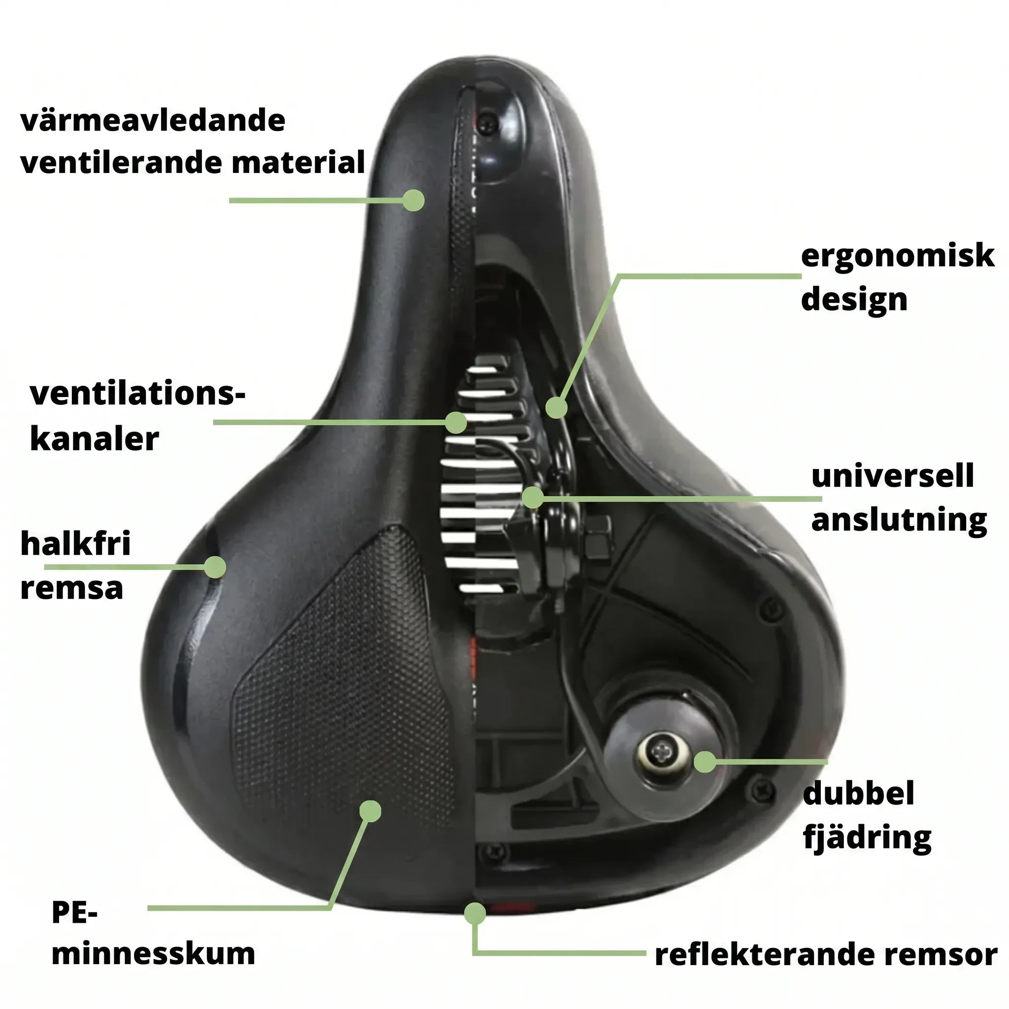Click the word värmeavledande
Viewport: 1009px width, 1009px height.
point(153,121)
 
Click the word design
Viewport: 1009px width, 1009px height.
point(854,299)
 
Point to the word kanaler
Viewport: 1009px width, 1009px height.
point(94,438)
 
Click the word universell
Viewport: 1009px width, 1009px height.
point(893,476)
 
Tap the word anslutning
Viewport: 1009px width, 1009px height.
point(899,521)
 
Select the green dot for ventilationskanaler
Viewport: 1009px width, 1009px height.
point(456,422)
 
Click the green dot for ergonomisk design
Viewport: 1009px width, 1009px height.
point(556,407)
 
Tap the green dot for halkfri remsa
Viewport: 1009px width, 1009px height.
point(215,567)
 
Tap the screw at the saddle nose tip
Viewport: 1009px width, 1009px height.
point(489,122)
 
